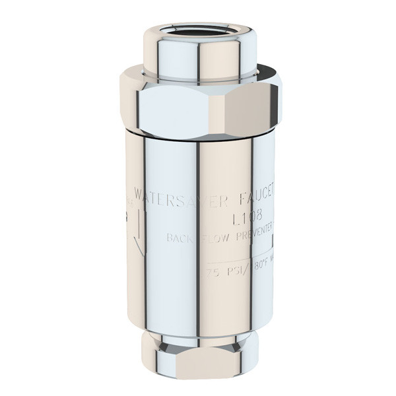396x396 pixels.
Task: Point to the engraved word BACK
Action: pyautogui.click(x=180, y=238)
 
